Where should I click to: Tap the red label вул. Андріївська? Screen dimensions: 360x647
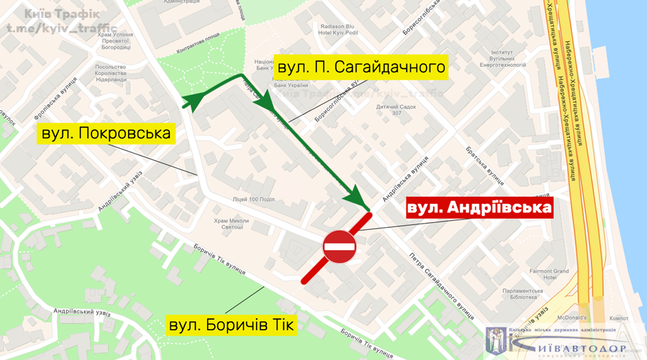[480, 207]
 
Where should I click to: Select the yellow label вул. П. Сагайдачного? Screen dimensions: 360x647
[361, 67]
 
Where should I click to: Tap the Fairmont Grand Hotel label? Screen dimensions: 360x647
[549, 275]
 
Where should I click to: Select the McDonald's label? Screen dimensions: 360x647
[572, 317]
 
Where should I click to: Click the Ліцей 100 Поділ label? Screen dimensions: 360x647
[254, 199]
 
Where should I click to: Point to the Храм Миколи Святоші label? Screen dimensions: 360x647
[231, 224]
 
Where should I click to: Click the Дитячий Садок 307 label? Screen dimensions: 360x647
[397, 109]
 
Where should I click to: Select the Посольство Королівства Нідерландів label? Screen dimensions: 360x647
[110, 73]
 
